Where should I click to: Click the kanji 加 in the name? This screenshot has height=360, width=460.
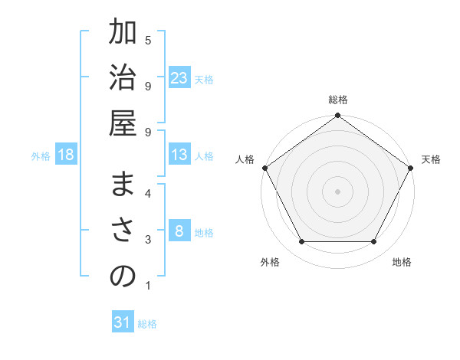point(123,35)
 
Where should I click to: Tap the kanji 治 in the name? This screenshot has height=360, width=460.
point(123,81)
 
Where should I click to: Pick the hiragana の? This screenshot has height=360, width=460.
point(123,278)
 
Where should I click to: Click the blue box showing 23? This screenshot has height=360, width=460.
point(179,77)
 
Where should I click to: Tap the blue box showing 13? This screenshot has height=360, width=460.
point(179,155)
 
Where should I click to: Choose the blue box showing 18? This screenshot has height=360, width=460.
point(66,155)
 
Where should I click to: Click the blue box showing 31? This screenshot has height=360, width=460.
point(123,322)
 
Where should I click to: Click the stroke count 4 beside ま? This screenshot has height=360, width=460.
point(148,192)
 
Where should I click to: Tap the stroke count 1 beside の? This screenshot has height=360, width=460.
point(148,286)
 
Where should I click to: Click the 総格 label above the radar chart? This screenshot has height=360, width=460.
point(338,100)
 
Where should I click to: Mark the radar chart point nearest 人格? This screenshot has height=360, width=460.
point(264,168)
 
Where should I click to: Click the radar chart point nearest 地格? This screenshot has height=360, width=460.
point(374,242)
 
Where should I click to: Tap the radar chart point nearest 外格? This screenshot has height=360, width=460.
point(301,242)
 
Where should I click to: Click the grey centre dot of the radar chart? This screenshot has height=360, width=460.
point(338,191)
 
